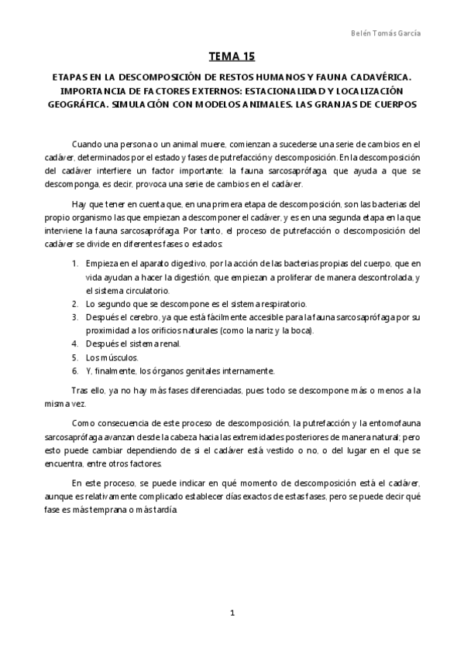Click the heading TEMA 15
tap(232, 56)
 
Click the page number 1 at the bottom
tap(232, 613)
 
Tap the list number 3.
tap(74, 316)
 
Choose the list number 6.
tap(74, 370)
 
